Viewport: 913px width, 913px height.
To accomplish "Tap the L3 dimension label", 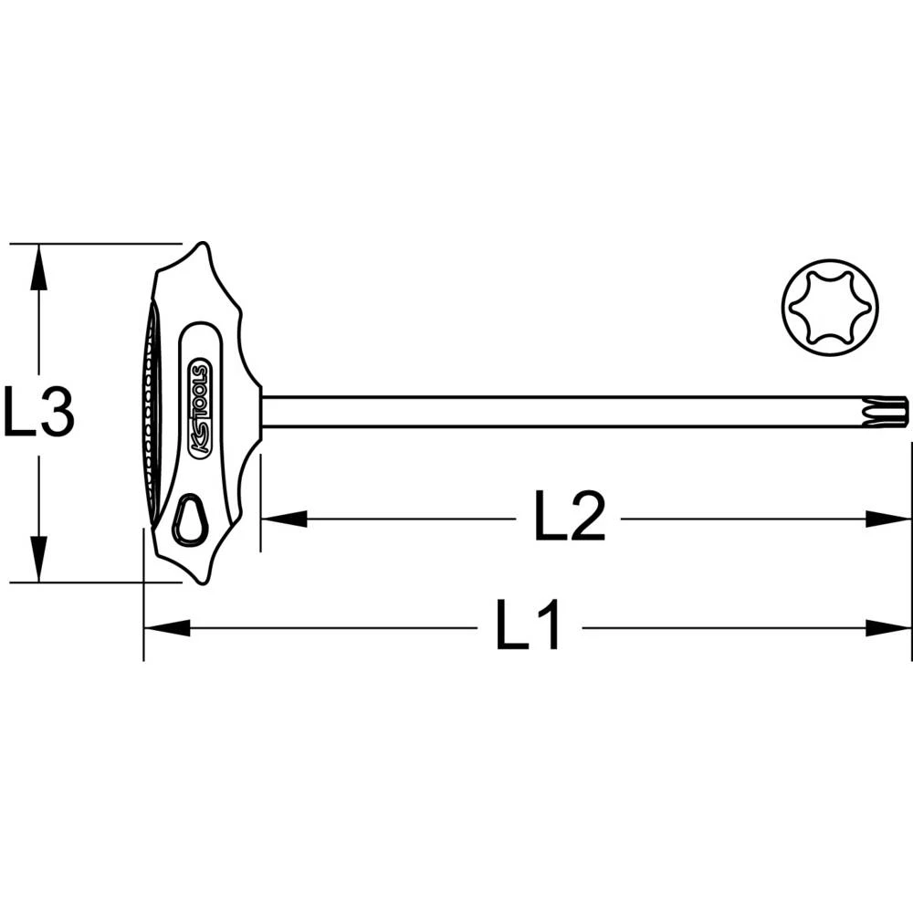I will tap(38, 412).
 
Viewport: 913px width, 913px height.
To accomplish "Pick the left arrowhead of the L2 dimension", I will tap(283, 519).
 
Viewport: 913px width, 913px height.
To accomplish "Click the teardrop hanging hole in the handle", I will tap(191, 520).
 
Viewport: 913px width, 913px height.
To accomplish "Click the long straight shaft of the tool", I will tap(566, 412).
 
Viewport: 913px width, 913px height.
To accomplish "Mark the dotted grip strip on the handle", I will tap(147, 411).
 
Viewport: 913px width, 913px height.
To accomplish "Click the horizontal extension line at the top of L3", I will tap(91, 244).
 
